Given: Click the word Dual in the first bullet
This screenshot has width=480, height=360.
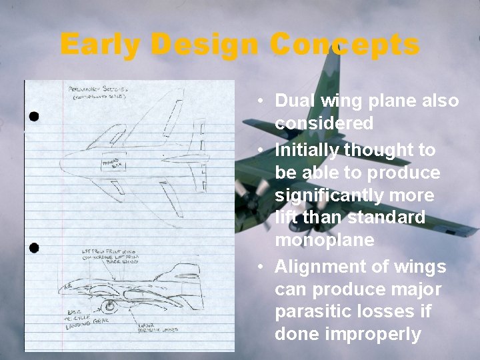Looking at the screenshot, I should point(294,101).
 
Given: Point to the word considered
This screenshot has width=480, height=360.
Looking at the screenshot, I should point(324,123).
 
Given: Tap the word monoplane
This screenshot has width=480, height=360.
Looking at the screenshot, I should point(325,241).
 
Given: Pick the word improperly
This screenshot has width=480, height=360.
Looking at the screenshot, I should point(347,334).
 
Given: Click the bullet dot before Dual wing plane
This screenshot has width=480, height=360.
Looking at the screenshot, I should point(265,102).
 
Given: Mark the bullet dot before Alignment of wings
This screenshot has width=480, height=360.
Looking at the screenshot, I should point(265,267).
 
